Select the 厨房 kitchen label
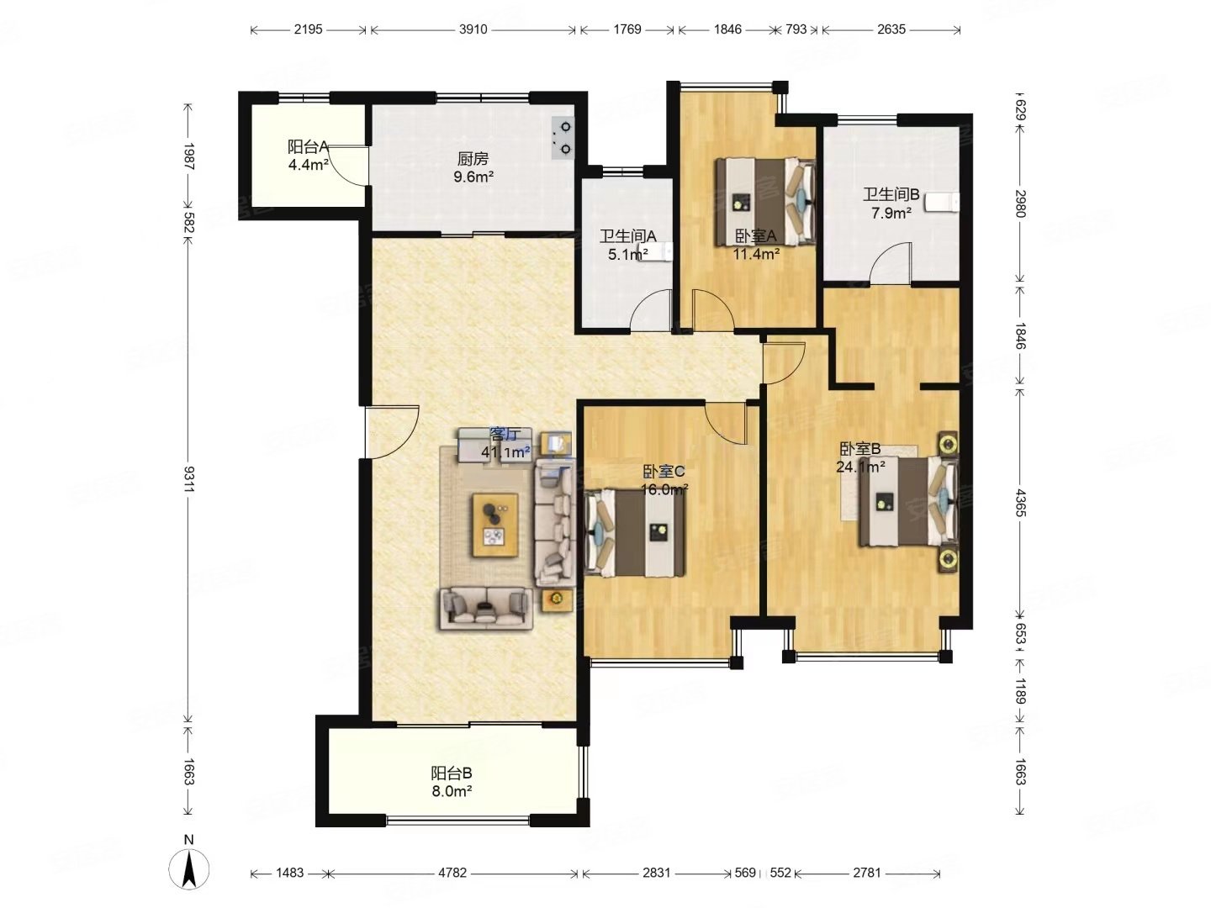pos(473,159)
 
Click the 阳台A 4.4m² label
pos(309,156)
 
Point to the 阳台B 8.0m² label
pos(452,782)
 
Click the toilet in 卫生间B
pos(943,203)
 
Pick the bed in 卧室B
pos(907,500)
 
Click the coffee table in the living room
pos(494,525)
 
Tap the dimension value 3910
pos(473,29)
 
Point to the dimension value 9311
pos(188,479)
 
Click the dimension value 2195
pos(307,29)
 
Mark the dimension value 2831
pos(656,873)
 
